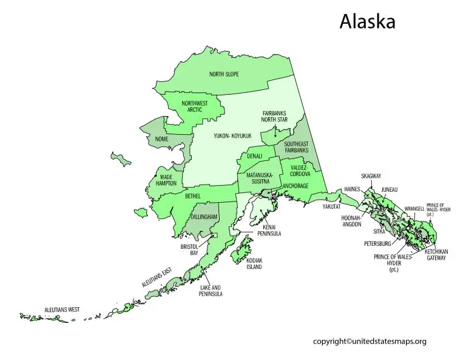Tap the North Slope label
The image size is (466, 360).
pyautogui.click(x=224, y=74)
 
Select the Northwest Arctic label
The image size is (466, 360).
pyautogui.click(x=194, y=107)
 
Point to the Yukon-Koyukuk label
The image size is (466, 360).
pyautogui.click(x=232, y=136)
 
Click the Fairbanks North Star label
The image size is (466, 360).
pyautogui.click(x=274, y=117)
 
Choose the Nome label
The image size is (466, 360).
pyautogui.click(x=162, y=139)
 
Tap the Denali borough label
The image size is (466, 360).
pyautogui.click(x=254, y=156)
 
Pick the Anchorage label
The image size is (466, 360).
pyautogui.click(x=295, y=186)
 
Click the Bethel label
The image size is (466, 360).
pyautogui.click(x=192, y=197)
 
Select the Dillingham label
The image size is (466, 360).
pyautogui.click(x=204, y=217)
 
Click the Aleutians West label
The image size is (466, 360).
pyautogui.click(x=62, y=310)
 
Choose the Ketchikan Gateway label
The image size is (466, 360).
pyautogui.click(x=435, y=255)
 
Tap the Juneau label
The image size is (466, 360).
pyautogui.click(x=390, y=190)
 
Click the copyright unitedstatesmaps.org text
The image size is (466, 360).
pyautogui.click(x=370, y=341)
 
